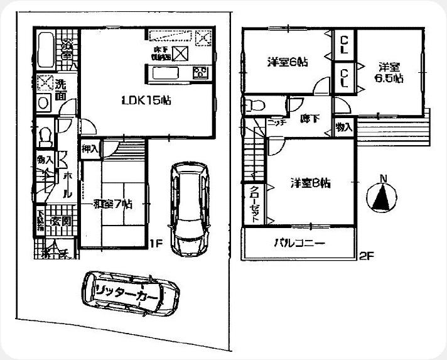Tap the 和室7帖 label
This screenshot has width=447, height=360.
tap(112, 204)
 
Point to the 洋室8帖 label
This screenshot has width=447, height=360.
tap(311, 183)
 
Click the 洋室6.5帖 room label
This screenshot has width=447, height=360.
tap(389, 72)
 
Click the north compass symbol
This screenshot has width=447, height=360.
tap(381, 197)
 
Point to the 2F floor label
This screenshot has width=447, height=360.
tap(367, 256)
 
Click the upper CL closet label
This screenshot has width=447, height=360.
tap(345, 45)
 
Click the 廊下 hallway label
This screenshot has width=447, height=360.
tap(307, 117)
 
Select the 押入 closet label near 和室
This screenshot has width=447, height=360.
tap(90, 149)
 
